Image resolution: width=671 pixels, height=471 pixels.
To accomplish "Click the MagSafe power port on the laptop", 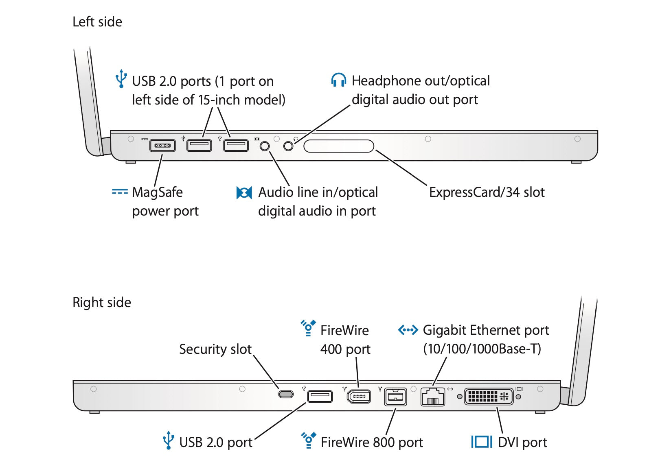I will pos(162,145).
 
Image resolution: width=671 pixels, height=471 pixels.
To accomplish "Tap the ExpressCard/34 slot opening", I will pos(339,146).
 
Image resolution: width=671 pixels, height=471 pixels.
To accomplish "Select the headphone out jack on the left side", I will pos(288,146).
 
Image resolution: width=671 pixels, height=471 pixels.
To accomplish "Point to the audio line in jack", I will pos(265,146).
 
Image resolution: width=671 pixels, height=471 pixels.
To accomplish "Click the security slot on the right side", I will pos(286,394).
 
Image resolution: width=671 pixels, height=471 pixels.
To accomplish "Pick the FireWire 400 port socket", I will pos(359,396).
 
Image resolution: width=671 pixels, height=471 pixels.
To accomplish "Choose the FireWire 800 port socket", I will pos(395,397).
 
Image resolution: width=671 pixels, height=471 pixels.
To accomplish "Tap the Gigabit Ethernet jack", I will pos(432,397).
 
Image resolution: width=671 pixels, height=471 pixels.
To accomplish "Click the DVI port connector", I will pos(489,396).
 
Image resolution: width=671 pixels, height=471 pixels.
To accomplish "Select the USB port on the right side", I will pos(320,396).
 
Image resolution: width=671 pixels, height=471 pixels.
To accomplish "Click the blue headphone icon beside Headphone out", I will pos(339,80).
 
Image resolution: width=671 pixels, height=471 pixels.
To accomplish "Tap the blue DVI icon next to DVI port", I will pos(482,442).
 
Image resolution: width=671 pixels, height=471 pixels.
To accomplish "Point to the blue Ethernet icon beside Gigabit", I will pos(408,330).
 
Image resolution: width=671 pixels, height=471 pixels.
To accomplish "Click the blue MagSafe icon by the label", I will pos(120,192).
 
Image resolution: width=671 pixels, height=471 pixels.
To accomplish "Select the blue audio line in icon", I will pos(244,192).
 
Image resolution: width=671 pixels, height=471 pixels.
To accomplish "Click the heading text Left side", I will pos(97,22).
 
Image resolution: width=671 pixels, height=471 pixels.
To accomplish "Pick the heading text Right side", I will pos(102,303).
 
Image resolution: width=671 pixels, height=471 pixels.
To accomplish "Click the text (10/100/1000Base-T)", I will pos(482,349).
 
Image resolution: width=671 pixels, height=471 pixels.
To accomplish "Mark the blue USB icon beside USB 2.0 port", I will pos(168,440).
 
